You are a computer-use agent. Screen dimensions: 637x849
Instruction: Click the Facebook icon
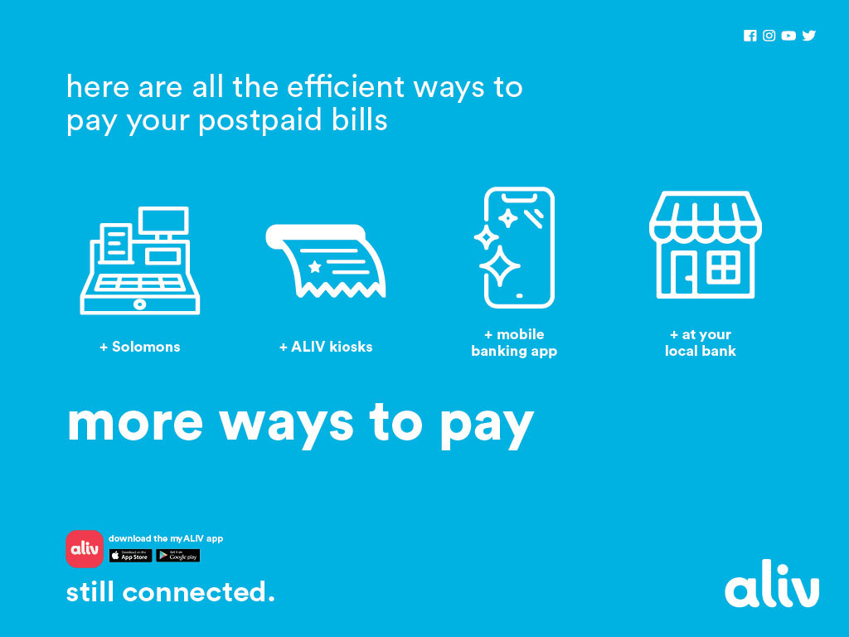click(x=750, y=36)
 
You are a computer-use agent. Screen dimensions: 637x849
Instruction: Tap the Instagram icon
click(x=769, y=36)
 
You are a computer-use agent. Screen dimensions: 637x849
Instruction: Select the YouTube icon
click(x=788, y=36)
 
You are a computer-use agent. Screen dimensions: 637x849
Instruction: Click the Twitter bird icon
click(x=809, y=36)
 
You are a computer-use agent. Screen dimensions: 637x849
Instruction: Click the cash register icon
click(x=140, y=260)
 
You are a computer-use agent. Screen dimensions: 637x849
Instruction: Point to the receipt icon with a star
click(x=326, y=261)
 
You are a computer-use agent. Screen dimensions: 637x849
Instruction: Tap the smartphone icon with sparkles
click(x=515, y=248)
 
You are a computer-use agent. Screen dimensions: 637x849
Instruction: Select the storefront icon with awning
click(x=705, y=246)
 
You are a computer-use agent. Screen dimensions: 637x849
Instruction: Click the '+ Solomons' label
click(x=140, y=347)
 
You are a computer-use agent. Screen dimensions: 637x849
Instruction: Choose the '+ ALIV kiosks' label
click(x=326, y=347)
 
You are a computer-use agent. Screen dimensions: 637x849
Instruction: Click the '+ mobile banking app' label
click(x=514, y=343)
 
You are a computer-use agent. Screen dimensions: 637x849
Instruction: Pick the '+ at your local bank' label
click(x=701, y=343)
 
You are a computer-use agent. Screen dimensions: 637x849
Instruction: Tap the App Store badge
click(x=130, y=556)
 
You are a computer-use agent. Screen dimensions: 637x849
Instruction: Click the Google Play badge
click(x=178, y=556)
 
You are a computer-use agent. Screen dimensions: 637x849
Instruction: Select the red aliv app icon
click(x=85, y=549)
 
